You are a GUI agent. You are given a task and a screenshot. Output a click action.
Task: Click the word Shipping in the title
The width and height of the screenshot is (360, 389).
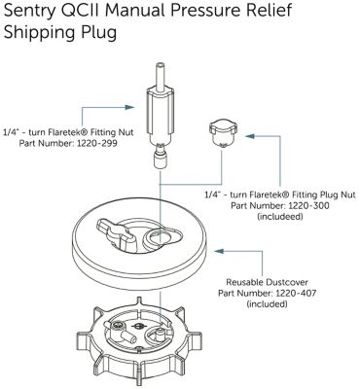37,33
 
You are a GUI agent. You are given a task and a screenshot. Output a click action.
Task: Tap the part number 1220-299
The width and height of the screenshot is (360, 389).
97,143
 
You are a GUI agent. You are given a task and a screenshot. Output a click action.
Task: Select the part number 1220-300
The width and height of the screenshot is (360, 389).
308,205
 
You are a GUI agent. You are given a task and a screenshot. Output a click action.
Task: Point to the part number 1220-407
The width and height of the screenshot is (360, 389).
296,294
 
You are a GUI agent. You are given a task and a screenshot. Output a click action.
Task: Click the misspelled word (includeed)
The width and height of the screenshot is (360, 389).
280,216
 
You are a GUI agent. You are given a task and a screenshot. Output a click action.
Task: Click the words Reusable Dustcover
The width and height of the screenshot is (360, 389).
267,282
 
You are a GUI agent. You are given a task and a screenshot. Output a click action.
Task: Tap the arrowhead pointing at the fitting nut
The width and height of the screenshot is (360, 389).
129,107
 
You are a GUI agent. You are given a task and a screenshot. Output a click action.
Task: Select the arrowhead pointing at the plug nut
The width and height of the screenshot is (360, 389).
250,136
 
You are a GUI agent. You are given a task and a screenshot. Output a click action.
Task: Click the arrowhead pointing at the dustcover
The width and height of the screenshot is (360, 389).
219,251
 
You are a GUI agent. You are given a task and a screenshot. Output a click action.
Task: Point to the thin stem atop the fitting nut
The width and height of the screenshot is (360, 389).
159,76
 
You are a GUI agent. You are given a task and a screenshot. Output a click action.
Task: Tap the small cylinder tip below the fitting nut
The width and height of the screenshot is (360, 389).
160,160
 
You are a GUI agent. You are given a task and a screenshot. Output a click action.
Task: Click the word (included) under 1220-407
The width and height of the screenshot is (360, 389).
267,304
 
